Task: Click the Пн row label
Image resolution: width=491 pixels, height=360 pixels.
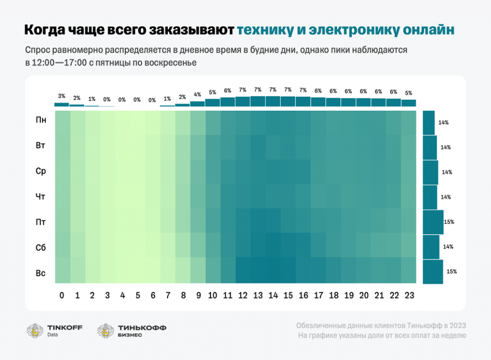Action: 41,120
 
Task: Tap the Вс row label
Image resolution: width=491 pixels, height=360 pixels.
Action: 41,273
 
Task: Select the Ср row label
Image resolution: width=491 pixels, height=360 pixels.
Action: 41,171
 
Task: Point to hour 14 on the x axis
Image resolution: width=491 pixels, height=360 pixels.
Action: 273,296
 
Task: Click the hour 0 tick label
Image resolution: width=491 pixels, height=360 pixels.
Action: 62,296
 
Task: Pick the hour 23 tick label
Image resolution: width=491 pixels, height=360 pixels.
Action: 409,296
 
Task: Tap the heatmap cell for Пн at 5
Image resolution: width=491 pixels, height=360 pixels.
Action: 137,123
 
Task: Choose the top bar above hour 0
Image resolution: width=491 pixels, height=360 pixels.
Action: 61,105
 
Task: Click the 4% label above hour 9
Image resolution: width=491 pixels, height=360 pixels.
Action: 197,94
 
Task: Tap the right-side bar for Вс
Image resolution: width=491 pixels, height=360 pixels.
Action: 433,272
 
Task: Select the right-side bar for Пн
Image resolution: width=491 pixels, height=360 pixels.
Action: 429,123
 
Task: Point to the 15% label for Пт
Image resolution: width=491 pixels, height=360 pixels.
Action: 449,222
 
